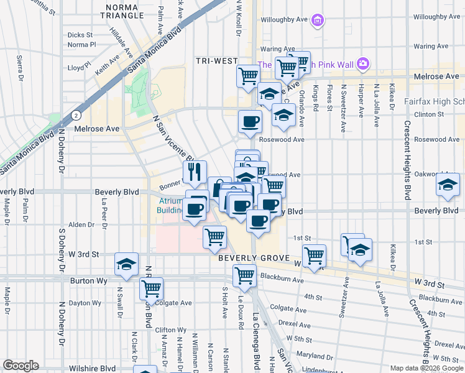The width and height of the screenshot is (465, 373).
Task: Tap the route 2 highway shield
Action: point(75,115)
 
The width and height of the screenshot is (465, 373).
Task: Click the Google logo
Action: point(21,366)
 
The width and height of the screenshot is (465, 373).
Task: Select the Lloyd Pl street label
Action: point(79,67)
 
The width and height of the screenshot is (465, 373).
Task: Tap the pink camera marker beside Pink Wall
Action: point(364,63)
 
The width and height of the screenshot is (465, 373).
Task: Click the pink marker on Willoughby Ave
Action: point(318,21)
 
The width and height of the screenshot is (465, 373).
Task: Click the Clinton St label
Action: point(433,114)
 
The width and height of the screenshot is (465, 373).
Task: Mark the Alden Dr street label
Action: point(81,224)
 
